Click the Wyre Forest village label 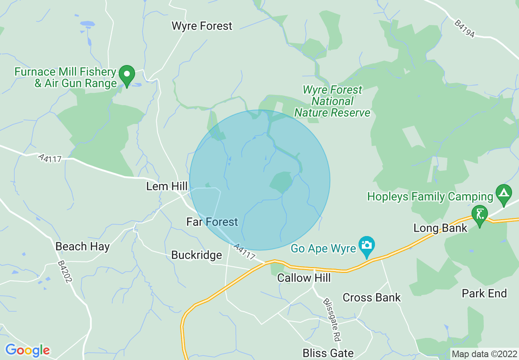(202, 26)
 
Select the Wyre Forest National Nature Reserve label (332, 101)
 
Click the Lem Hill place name (167, 187)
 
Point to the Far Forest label (212, 222)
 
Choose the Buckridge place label (196, 255)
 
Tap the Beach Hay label (83, 247)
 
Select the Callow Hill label (304, 278)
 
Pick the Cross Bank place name (372, 297)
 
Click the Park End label (484, 293)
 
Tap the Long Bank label (440, 228)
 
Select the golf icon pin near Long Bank (480, 214)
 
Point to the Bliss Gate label (328, 353)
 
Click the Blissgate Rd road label (332, 319)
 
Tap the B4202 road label (65, 272)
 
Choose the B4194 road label (464, 29)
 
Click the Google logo (27, 350)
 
